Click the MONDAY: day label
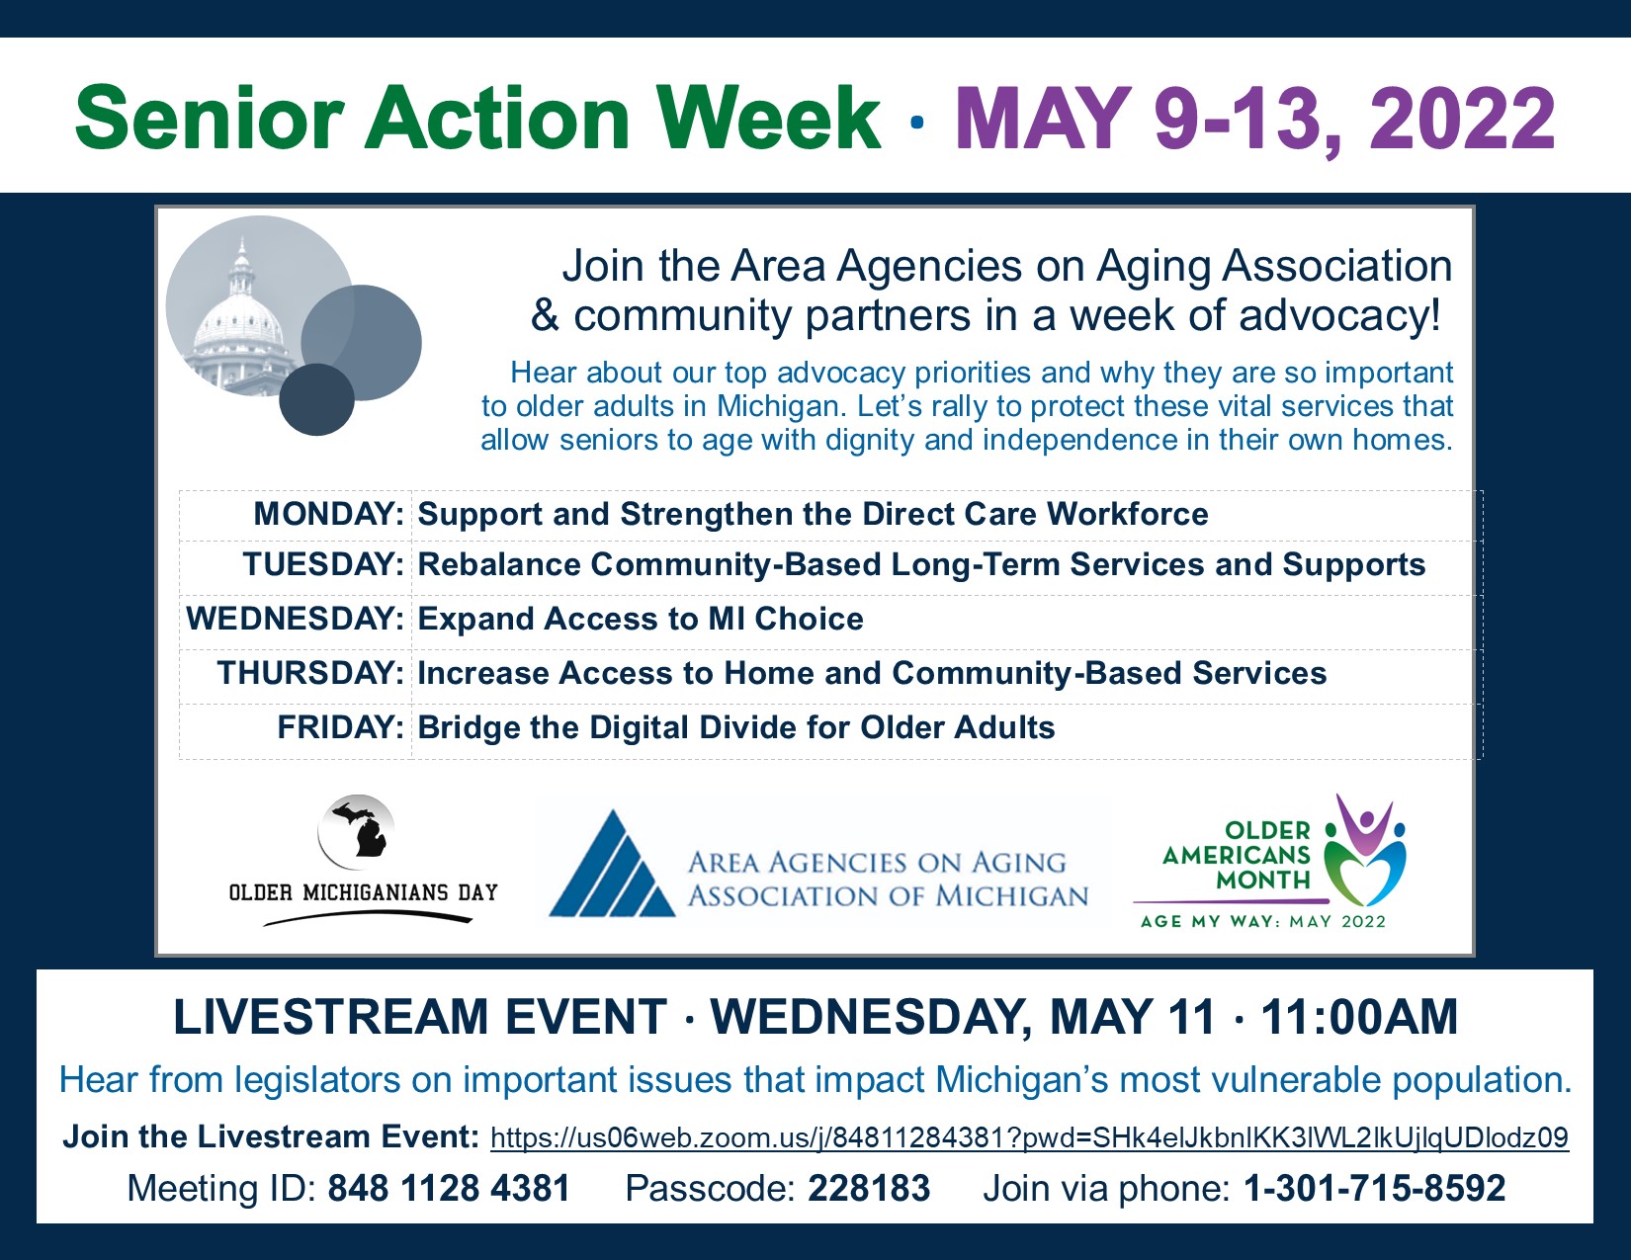pyautogui.click(x=329, y=514)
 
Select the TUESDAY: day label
pyautogui.click(x=323, y=564)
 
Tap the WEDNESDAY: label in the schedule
pyautogui.click(x=295, y=619)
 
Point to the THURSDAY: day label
pyautogui.click(x=310, y=672)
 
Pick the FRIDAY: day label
pyautogui.click(x=341, y=727)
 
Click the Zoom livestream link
pyautogui.click(x=1029, y=1137)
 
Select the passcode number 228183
pyautogui.click(x=869, y=1188)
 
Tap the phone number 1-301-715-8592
pyautogui.click(x=1374, y=1188)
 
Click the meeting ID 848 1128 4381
pyautogui.click(x=449, y=1188)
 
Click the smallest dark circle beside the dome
pyautogui.click(x=316, y=399)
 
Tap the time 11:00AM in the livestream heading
pyautogui.click(x=1359, y=1017)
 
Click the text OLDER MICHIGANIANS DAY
pyautogui.click(x=364, y=892)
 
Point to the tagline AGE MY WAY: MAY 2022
pyautogui.click(x=1262, y=922)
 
